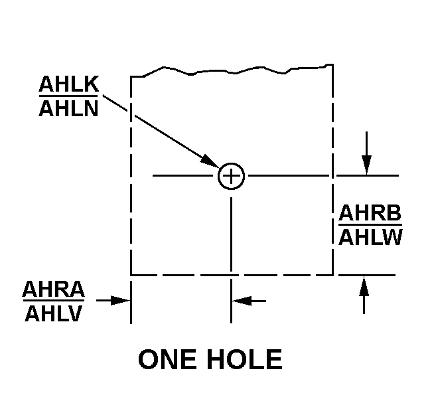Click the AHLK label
(x=69, y=84)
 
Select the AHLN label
(x=68, y=108)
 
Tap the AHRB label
(x=370, y=212)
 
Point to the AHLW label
(x=370, y=237)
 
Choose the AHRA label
(x=54, y=289)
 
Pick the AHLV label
(x=54, y=313)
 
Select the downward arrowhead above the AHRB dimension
(x=367, y=165)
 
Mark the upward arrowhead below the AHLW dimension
(x=364, y=286)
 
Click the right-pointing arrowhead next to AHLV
(x=120, y=301)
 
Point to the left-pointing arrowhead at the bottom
(x=242, y=301)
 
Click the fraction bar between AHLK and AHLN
(x=68, y=96)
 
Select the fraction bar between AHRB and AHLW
(x=370, y=224)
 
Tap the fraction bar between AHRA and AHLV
(x=54, y=301)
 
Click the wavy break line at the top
(x=232, y=70)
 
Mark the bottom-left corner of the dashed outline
(x=131, y=275)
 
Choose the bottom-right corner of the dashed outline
(x=333, y=275)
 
